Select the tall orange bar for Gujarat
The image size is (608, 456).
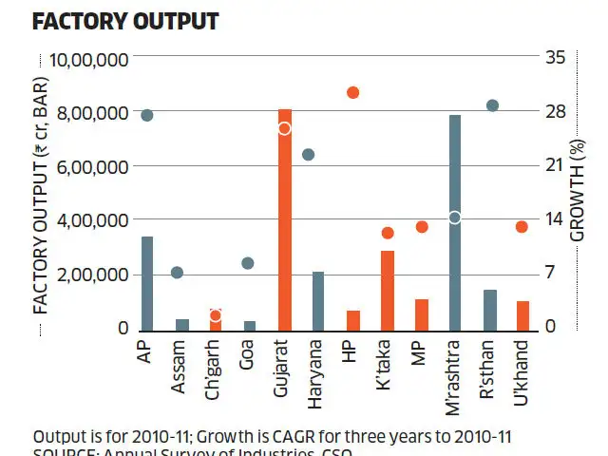tap(284, 228)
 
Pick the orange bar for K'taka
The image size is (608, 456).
tap(387, 290)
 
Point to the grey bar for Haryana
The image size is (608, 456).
tap(318, 299)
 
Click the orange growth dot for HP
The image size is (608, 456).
tap(352, 92)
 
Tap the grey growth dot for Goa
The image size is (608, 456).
tap(248, 263)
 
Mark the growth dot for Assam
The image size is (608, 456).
tap(177, 273)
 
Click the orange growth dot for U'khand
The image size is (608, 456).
tap(522, 227)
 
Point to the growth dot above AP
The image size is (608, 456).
tap(147, 115)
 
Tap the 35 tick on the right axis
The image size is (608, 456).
tap(556, 58)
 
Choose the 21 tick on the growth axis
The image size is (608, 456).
tap(555, 166)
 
